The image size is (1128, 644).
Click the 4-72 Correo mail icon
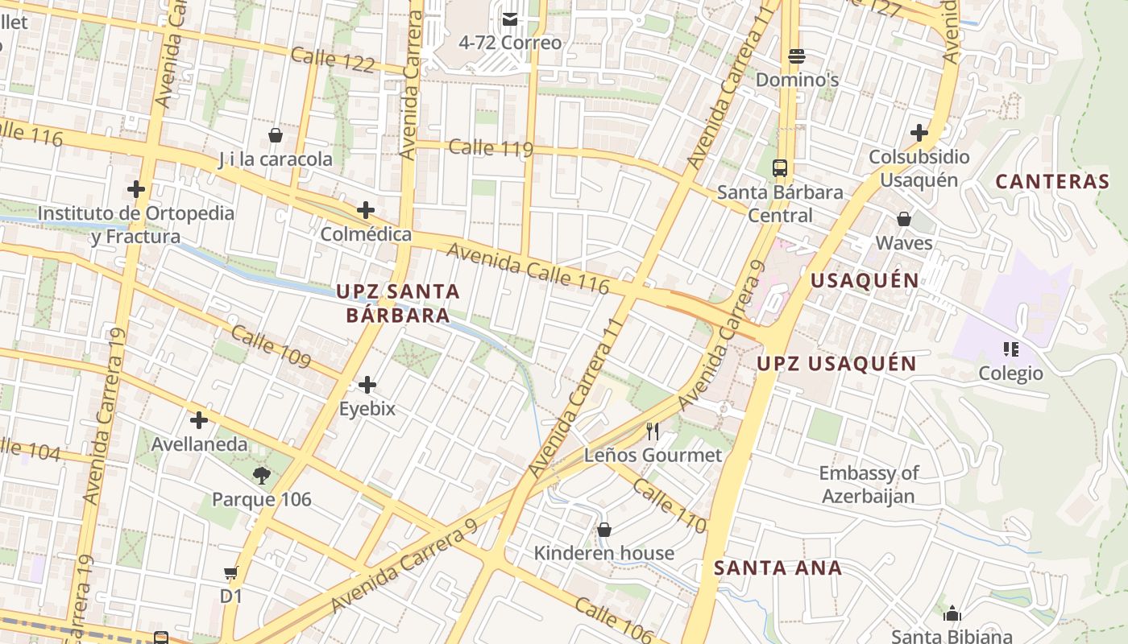[509, 19]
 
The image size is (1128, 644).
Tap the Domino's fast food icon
[797, 56]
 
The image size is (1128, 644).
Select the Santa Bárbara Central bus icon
[779, 168]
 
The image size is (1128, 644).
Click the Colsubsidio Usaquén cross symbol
[919, 133]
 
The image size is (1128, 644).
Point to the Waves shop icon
[904, 219]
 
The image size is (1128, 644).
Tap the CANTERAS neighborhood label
[1052, 181]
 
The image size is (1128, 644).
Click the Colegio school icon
[1010, 349]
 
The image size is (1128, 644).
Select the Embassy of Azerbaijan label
[869, 484]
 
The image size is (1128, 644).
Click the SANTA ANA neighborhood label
[778, 568]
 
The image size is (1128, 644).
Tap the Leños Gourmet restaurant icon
[653, 431]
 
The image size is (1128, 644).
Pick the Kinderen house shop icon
[603, 530]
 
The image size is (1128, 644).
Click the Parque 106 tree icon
[261, 475]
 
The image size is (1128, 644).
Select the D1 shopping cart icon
[231, 573]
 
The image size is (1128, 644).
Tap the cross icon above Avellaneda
[199, 420]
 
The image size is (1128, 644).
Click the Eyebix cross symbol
[367, 385]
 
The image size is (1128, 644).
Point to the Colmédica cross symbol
[366, 210]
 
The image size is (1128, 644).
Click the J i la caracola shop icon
[276, 135]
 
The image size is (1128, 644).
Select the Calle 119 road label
[491, 148]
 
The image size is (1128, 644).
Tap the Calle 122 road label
[333, 60]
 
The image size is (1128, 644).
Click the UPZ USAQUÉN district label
[836, 363]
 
